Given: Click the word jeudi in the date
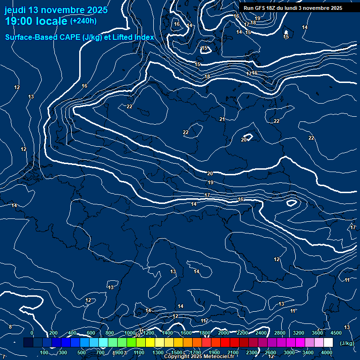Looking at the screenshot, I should (x=15, y=10).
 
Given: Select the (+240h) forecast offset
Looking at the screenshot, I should (x=83, y=21).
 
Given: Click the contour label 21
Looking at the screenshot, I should (x=222, y=120).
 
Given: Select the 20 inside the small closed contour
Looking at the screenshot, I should (x=244, y=140).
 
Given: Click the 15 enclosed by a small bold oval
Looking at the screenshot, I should (x=204, y=48).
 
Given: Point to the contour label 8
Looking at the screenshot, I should (x=10, y=327).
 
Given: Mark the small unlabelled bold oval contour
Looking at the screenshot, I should (x=292, y=203).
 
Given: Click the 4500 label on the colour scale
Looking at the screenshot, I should (x=336, y=333).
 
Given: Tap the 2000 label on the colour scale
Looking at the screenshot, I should (x=223, y=333).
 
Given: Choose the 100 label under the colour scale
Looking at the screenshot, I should (x=44, y=352).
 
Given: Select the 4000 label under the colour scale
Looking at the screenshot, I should (x=327, y=352).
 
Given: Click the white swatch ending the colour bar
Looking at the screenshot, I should (x=328, y=343).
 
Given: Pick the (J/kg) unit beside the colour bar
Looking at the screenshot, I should (x=346, y=343).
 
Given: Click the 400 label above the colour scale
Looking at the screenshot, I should (x=72, y=333).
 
